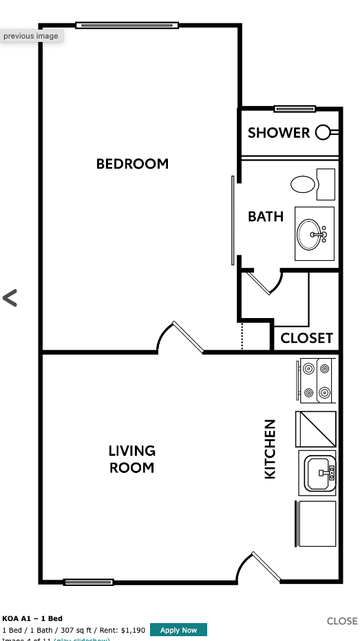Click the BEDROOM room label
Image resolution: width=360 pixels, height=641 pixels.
(132, 164)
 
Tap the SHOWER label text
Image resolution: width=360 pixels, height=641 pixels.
(279, 133)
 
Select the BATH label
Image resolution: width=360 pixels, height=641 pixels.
(266, 216)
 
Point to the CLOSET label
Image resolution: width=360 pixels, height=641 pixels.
(306, 338)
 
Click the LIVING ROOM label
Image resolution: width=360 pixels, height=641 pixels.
(132, 459)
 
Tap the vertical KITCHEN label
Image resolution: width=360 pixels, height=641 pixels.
(270, 449)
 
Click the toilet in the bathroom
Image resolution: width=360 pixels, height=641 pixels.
(304, 184)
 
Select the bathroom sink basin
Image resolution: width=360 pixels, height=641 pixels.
(312, 234)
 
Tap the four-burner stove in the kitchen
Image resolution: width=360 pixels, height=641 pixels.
(317, 381)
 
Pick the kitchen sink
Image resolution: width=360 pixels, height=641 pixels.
(319, 472)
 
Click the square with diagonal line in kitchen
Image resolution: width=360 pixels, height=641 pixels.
(316, 429)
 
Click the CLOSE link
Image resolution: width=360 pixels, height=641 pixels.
(342, 621)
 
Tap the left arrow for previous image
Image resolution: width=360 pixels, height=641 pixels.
(10, 298)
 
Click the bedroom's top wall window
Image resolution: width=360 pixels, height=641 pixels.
(127, 25)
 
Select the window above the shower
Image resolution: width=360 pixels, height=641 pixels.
(295, 109)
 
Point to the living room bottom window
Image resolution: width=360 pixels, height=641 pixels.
(88, 582)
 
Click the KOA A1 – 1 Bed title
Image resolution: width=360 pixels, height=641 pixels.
(32, 618)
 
